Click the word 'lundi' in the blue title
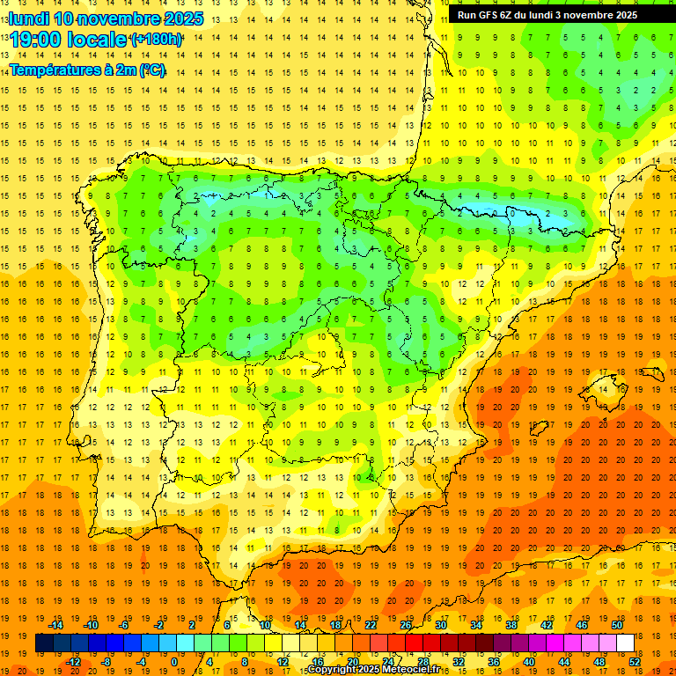[27, 18]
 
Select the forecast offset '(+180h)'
[157, 40]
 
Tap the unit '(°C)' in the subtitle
[150, 70]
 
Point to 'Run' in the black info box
[467, 15]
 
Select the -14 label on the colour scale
[56, 625]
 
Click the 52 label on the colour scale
[635, 662]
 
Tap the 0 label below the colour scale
[174, 662]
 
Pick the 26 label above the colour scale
[406, 625]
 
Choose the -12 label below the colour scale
[74, 662]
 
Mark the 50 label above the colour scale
[616, 625]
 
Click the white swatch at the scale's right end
[625, 643]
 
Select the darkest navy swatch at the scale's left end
[44, 643]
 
